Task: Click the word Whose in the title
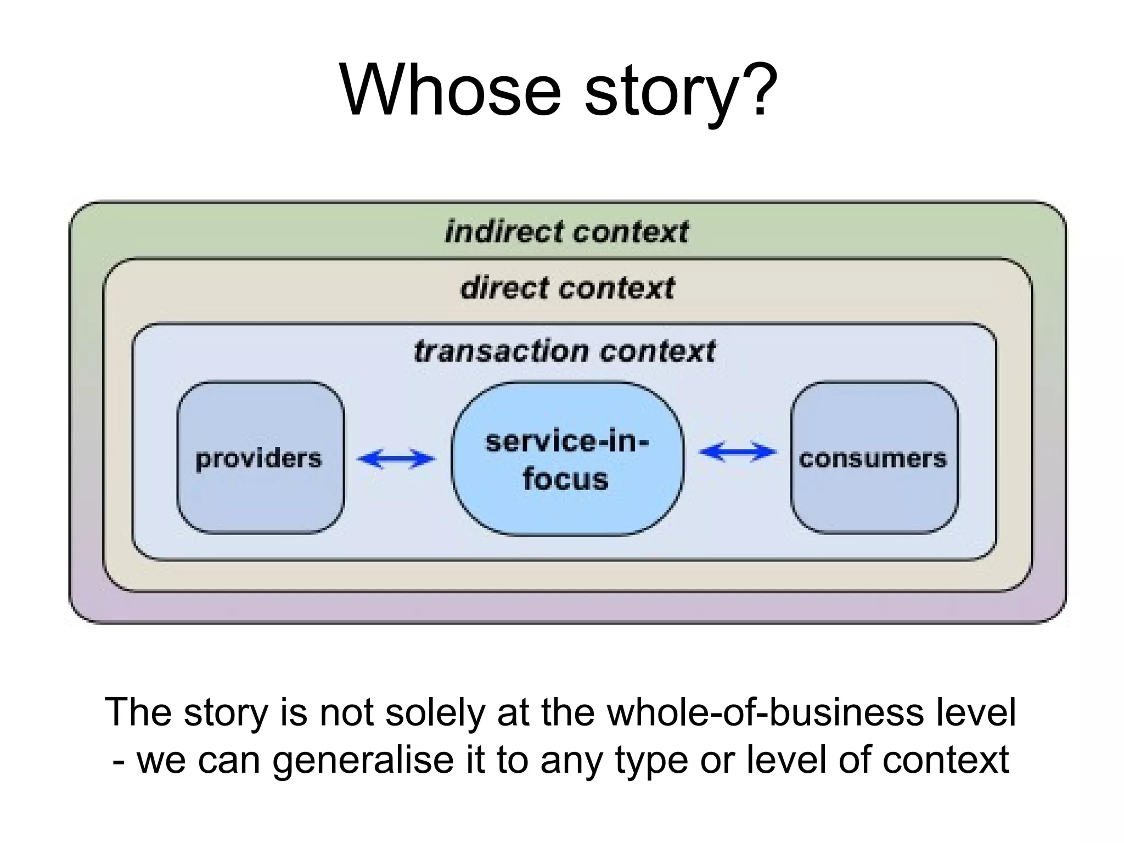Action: [450, 91]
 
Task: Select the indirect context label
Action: [566, 232]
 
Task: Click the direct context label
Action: [567, 288]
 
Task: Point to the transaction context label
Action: [565, 351]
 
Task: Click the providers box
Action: [260, 458]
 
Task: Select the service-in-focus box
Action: [567, 459]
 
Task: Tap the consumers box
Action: [874, 458]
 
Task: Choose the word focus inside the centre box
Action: [565, 479]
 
